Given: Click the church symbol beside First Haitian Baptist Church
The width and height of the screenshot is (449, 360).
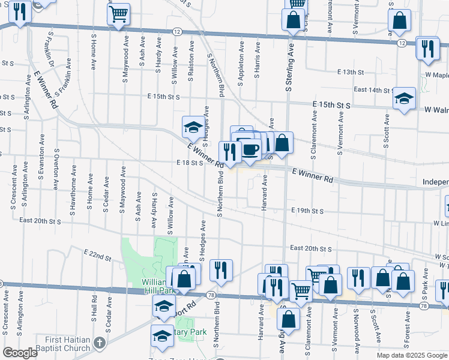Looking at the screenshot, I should [x=100, y=343].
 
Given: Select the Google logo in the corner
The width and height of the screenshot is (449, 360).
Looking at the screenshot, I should [x=20, y=353].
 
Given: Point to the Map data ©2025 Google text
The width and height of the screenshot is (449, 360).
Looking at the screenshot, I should [x=411, y=355].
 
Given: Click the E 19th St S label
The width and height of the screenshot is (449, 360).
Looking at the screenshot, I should [x=307, y=211].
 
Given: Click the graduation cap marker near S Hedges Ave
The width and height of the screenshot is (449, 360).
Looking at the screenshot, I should [x=193, y=126].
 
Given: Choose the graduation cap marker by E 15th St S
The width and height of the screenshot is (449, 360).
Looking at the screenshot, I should [x=404, y=98].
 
